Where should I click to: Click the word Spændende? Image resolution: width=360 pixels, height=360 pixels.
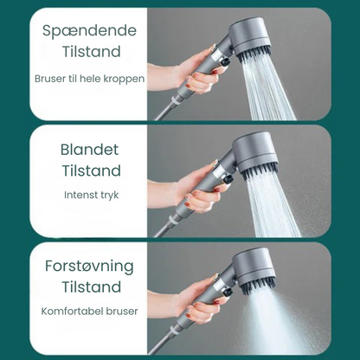pos(83,30)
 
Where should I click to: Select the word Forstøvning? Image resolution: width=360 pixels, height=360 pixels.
pos(90,265)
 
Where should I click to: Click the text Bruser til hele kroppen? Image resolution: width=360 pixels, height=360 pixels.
pos(90,79)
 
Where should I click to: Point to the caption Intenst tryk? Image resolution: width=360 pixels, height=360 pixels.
pos(90,195)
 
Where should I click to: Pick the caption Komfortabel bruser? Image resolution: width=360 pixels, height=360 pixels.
pos(90,310)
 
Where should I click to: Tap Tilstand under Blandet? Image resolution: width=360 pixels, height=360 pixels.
pos(90,170)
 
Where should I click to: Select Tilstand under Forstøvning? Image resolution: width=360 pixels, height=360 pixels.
pos(90,287)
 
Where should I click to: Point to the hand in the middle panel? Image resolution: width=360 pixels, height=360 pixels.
pos(196,196)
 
